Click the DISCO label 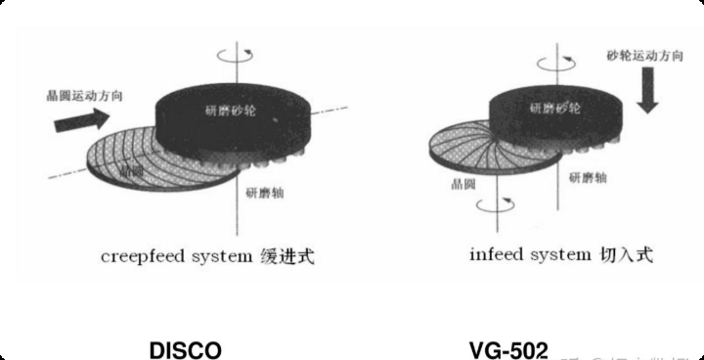click(x=185, y=349)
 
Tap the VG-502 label click(x=508, y=349)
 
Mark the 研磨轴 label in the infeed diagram click(x=589, y=179)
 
